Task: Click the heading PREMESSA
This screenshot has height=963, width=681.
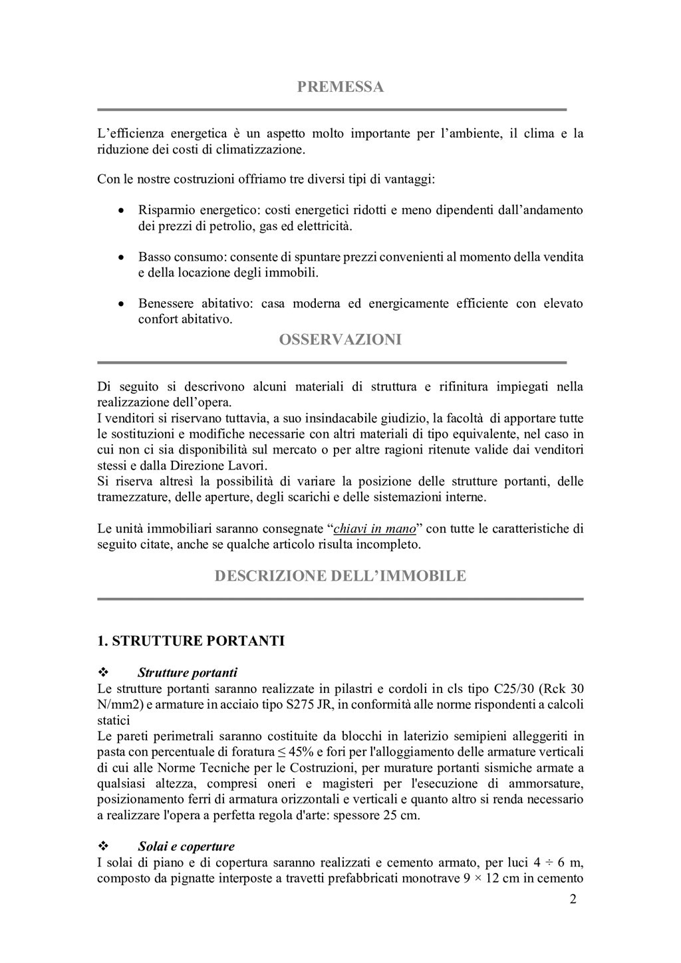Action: pyautogui.click(x=340, y=87)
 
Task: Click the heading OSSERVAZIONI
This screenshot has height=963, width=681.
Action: pyautogui.click(x=340, y=340)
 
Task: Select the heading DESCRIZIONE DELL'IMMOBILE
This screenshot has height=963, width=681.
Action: pyautogui.click(x=340, y=576)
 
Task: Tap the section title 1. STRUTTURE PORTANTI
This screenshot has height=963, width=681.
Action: pyautogui.click(x=191, y=641)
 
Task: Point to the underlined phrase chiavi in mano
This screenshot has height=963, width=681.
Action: pyautogui.click(x=374, y=529)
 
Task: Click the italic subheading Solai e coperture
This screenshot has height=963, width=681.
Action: pyautogui.click(x=186, y=847)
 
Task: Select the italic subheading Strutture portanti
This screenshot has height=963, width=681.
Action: pyautogui.click(x=188, y=672)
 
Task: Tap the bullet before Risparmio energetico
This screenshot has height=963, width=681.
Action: pyautogui.click(x=120, y=211)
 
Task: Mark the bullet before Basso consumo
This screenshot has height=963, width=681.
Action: pyautogui.click(x=120, y=257)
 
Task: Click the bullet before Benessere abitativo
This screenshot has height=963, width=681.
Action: pyautogui.click(x=120, y=304)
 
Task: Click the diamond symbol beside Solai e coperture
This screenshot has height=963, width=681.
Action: pyautogui.click(x=103, y=847)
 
